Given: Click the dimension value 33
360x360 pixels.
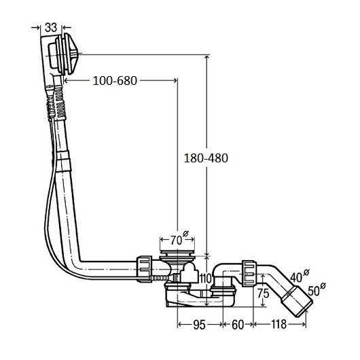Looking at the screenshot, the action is tap(51, 28).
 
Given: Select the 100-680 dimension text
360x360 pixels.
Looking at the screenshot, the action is tap(115, 81).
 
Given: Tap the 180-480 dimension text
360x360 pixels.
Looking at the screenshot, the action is tap(206, 158).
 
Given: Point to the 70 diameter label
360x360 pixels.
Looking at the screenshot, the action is tap(179, 239).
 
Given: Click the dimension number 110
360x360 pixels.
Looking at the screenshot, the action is tap(206, 278).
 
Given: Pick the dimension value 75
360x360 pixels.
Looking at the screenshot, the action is tap(263, 293).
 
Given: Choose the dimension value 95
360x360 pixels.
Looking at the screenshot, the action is tap(199, 325).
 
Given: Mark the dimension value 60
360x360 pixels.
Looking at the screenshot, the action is tap(238, 325).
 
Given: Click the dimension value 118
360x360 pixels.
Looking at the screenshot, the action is tap(279, 325).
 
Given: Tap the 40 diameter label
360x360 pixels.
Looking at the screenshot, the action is tap(300, 276).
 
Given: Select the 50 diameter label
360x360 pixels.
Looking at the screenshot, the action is tap(317, 289).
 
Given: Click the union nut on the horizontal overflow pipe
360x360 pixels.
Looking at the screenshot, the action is tap(145, 269).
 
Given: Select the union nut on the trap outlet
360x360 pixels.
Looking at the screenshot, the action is tap(249, 273).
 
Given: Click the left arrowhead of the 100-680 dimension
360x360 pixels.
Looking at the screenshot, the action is tap(66, 80).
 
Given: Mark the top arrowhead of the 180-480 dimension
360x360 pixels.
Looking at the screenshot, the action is tap(207, 58).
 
